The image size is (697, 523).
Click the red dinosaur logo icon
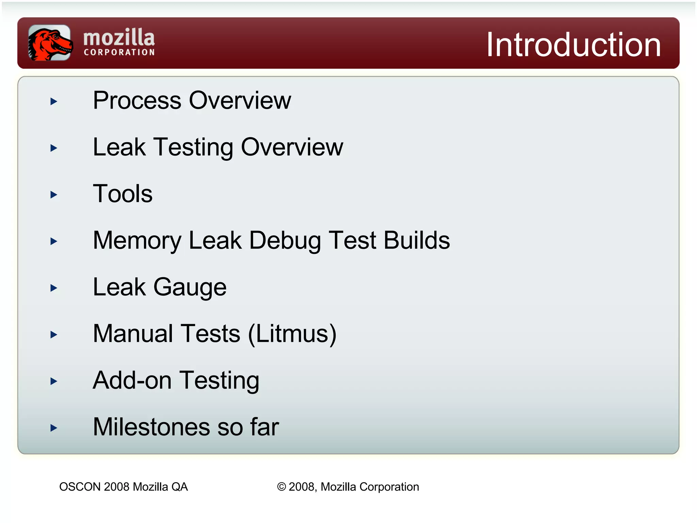(x=50, y=43)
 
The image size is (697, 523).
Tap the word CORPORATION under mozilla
(x=119, y=52)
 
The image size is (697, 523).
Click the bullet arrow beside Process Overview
(x=53, y=101)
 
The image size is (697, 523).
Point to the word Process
(x=137, y=101)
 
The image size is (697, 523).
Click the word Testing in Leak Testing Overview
(x=193, y=147)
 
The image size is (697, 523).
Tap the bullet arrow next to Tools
(x=53, y=195)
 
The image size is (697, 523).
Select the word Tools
(x=123, y=194)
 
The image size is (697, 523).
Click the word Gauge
(x=190, y=288)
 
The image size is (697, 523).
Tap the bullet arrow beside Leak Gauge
(x=53, y=288)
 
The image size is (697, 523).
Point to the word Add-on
(x=132, y=380)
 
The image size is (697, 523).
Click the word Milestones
(x=151, y=427)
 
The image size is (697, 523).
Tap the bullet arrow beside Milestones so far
(x=53, y=428)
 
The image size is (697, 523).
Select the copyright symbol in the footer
(x=281, y=487)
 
